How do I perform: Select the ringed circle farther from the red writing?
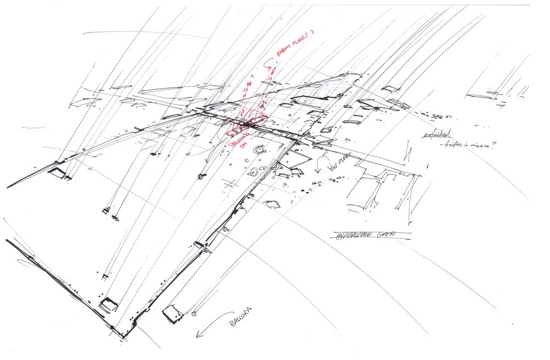252,172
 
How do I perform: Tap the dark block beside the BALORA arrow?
173,313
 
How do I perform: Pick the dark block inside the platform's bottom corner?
108,304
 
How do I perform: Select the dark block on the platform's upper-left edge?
57,173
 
